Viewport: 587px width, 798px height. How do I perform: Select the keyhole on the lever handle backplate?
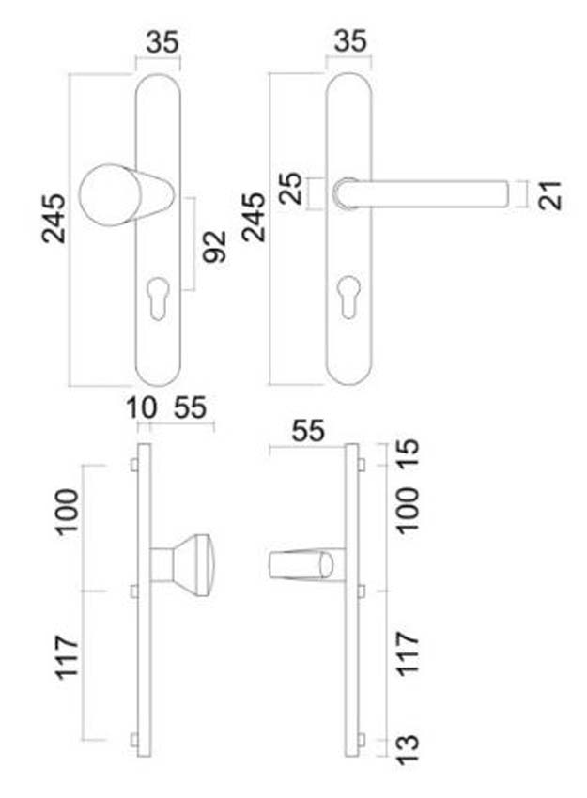click(348, 288)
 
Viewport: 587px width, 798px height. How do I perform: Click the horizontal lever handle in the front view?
click(432, 193)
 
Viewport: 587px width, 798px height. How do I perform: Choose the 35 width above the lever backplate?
click(348, 43)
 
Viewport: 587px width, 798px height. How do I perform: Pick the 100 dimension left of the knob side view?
click(68, 511)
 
